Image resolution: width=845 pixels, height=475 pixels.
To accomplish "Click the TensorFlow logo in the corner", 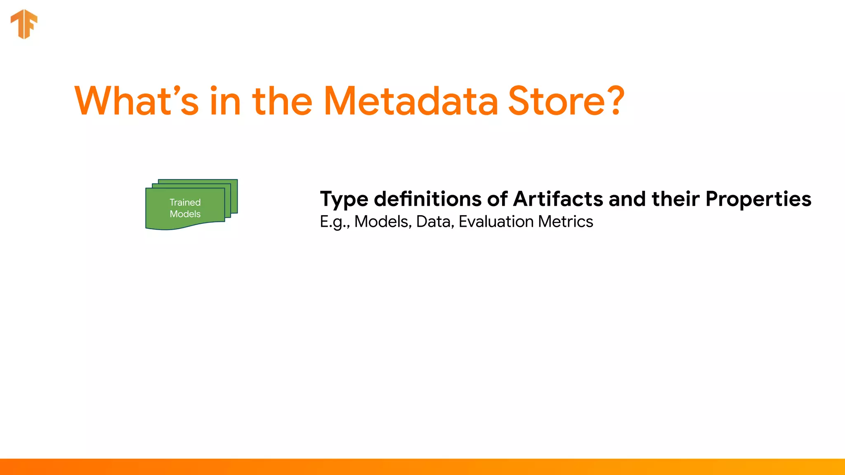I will [x=24, y=24].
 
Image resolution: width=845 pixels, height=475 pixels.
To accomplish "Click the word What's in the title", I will [x=136, y=101].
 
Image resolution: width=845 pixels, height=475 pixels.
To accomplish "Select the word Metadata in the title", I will [x=411, y=101].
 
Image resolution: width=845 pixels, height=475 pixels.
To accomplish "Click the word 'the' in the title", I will [x=282, y=101].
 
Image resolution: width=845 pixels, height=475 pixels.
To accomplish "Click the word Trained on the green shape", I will [x=185, y=202].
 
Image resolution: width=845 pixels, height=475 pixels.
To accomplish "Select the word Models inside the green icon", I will [x=185, y=214].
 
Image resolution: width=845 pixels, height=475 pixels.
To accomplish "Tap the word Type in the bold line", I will [x=344, y=200].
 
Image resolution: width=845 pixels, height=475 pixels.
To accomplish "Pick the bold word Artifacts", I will [x=558, y=199].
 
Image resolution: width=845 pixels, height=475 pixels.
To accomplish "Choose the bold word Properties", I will [x=758, y=200].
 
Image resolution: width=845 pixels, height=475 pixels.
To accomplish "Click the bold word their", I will [x=675, y=199].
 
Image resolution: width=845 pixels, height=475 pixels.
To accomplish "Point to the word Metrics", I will [x=565, y=222].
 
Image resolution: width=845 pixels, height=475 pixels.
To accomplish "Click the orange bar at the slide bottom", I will [x=422, y=467].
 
